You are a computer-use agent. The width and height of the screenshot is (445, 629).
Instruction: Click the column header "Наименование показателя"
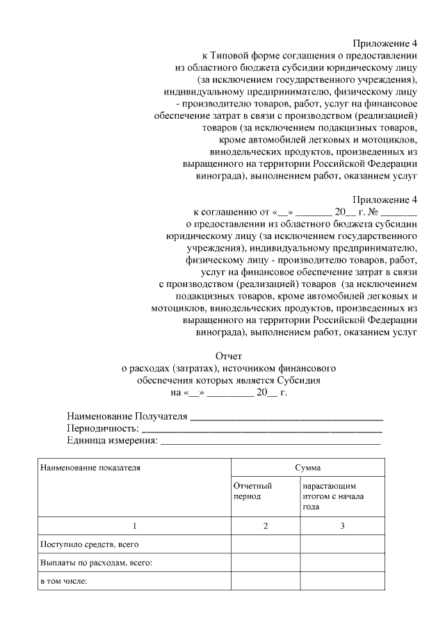tap(90, 468)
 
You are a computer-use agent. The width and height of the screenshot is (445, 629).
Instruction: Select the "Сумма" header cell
tap(307, 468)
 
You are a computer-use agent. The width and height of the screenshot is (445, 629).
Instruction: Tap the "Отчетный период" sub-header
tap(252, 491)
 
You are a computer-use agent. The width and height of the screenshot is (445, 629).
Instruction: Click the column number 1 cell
tap(134, 525)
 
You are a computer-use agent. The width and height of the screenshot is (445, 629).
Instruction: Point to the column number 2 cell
tap(266, 525)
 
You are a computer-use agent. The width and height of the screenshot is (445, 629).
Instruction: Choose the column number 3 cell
tap(342, 525)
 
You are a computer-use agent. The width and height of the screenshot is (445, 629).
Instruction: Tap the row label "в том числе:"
tap(63, 580)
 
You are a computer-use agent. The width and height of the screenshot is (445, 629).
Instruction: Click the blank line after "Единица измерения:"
tap(270, 442)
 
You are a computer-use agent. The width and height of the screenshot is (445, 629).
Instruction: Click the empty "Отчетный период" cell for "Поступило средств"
tap(266, 544)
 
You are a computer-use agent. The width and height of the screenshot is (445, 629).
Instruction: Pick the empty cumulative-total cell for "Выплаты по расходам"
tap(342, 562)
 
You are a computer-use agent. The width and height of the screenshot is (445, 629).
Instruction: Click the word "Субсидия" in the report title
tap(296, 380)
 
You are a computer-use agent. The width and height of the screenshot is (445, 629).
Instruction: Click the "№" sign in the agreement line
tap(372, 211)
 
